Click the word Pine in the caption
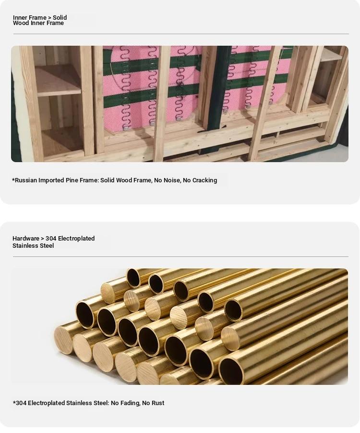point(72,180)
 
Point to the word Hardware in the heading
point(25,238)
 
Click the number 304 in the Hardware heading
point(51,238)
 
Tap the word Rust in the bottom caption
point(158,403)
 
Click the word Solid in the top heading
point(60,17)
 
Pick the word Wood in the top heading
point(21,23)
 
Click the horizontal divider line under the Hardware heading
point(180,256)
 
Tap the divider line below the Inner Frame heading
point(181,34)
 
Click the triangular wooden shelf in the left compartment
point(59,80)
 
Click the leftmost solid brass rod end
point(64,340)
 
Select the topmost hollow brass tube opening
point(134,278)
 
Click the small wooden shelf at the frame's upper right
point(332,54)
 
